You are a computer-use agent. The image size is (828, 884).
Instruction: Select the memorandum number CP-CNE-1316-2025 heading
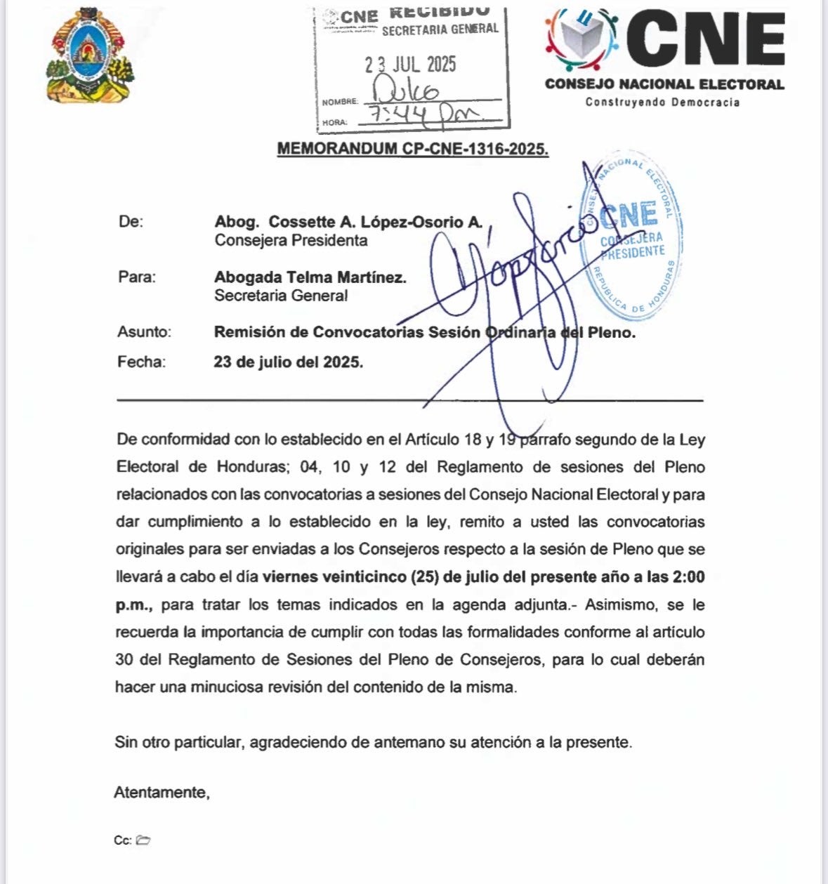413,149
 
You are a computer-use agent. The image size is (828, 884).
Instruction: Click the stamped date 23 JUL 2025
410,65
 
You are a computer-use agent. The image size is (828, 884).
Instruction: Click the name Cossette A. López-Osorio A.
376,222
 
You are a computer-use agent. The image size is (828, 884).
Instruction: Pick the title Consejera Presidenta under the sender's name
291,240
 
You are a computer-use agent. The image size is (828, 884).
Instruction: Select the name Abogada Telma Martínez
310,277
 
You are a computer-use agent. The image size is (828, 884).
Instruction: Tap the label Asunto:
144,332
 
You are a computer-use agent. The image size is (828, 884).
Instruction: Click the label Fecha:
141,362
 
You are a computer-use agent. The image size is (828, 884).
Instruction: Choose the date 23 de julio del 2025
289,362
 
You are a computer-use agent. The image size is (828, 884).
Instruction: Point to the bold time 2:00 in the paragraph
688,577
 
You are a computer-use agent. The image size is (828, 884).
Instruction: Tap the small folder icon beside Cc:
143,840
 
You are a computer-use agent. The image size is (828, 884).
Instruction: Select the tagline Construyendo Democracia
662,103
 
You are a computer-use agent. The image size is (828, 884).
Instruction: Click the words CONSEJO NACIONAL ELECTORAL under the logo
664,84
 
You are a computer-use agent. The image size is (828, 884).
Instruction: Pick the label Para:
137,277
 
